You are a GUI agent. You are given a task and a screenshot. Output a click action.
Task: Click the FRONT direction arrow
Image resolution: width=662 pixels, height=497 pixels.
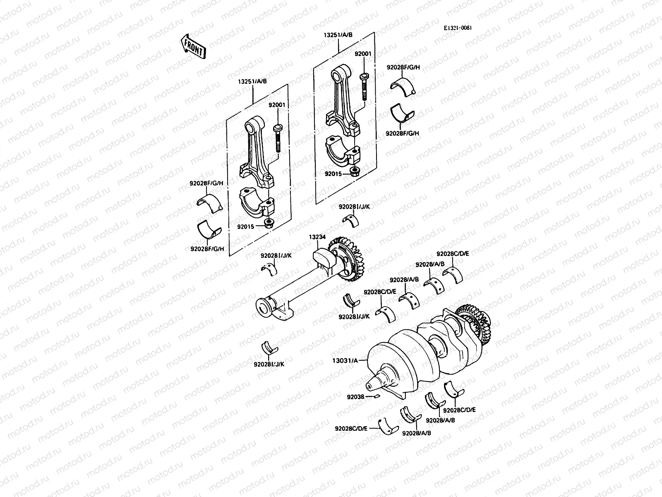(x=192, y=46)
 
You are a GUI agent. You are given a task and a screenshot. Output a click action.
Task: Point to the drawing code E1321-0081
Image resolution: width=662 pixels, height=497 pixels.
(x=458, y=28)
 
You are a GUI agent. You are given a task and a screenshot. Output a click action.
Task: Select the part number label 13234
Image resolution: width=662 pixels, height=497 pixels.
(x=317, y=237)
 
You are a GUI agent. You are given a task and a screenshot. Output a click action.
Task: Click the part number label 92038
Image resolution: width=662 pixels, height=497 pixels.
(x=355, y=397)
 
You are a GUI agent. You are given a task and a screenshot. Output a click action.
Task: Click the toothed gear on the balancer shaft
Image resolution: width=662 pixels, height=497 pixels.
(x=348, y=259)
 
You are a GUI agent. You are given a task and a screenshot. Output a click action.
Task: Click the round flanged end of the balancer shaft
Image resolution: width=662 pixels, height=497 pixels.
(x=263, y=309)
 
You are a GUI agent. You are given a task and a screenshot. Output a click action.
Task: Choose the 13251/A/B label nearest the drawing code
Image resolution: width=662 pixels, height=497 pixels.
(x=338, y=35)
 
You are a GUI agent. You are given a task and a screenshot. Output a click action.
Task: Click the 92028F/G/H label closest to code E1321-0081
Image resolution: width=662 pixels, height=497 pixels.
(x=403, y=67)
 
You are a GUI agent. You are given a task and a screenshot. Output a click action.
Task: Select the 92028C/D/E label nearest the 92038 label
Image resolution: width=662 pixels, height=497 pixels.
(x=351, y=428)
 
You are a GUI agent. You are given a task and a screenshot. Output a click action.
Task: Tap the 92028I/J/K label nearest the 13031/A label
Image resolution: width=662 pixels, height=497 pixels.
(x=271, y=364)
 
